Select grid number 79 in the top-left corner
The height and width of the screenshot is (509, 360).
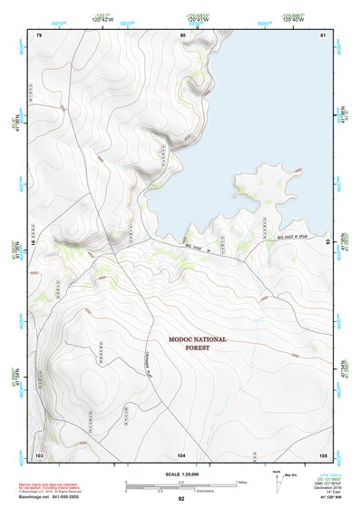pos(39,34)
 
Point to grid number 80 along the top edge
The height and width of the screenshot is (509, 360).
pos(183,34)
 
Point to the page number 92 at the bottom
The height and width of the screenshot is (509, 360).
pos(181,499)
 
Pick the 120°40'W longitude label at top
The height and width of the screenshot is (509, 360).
pos(292,17)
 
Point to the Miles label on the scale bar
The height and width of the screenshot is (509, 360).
pos(240,482)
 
